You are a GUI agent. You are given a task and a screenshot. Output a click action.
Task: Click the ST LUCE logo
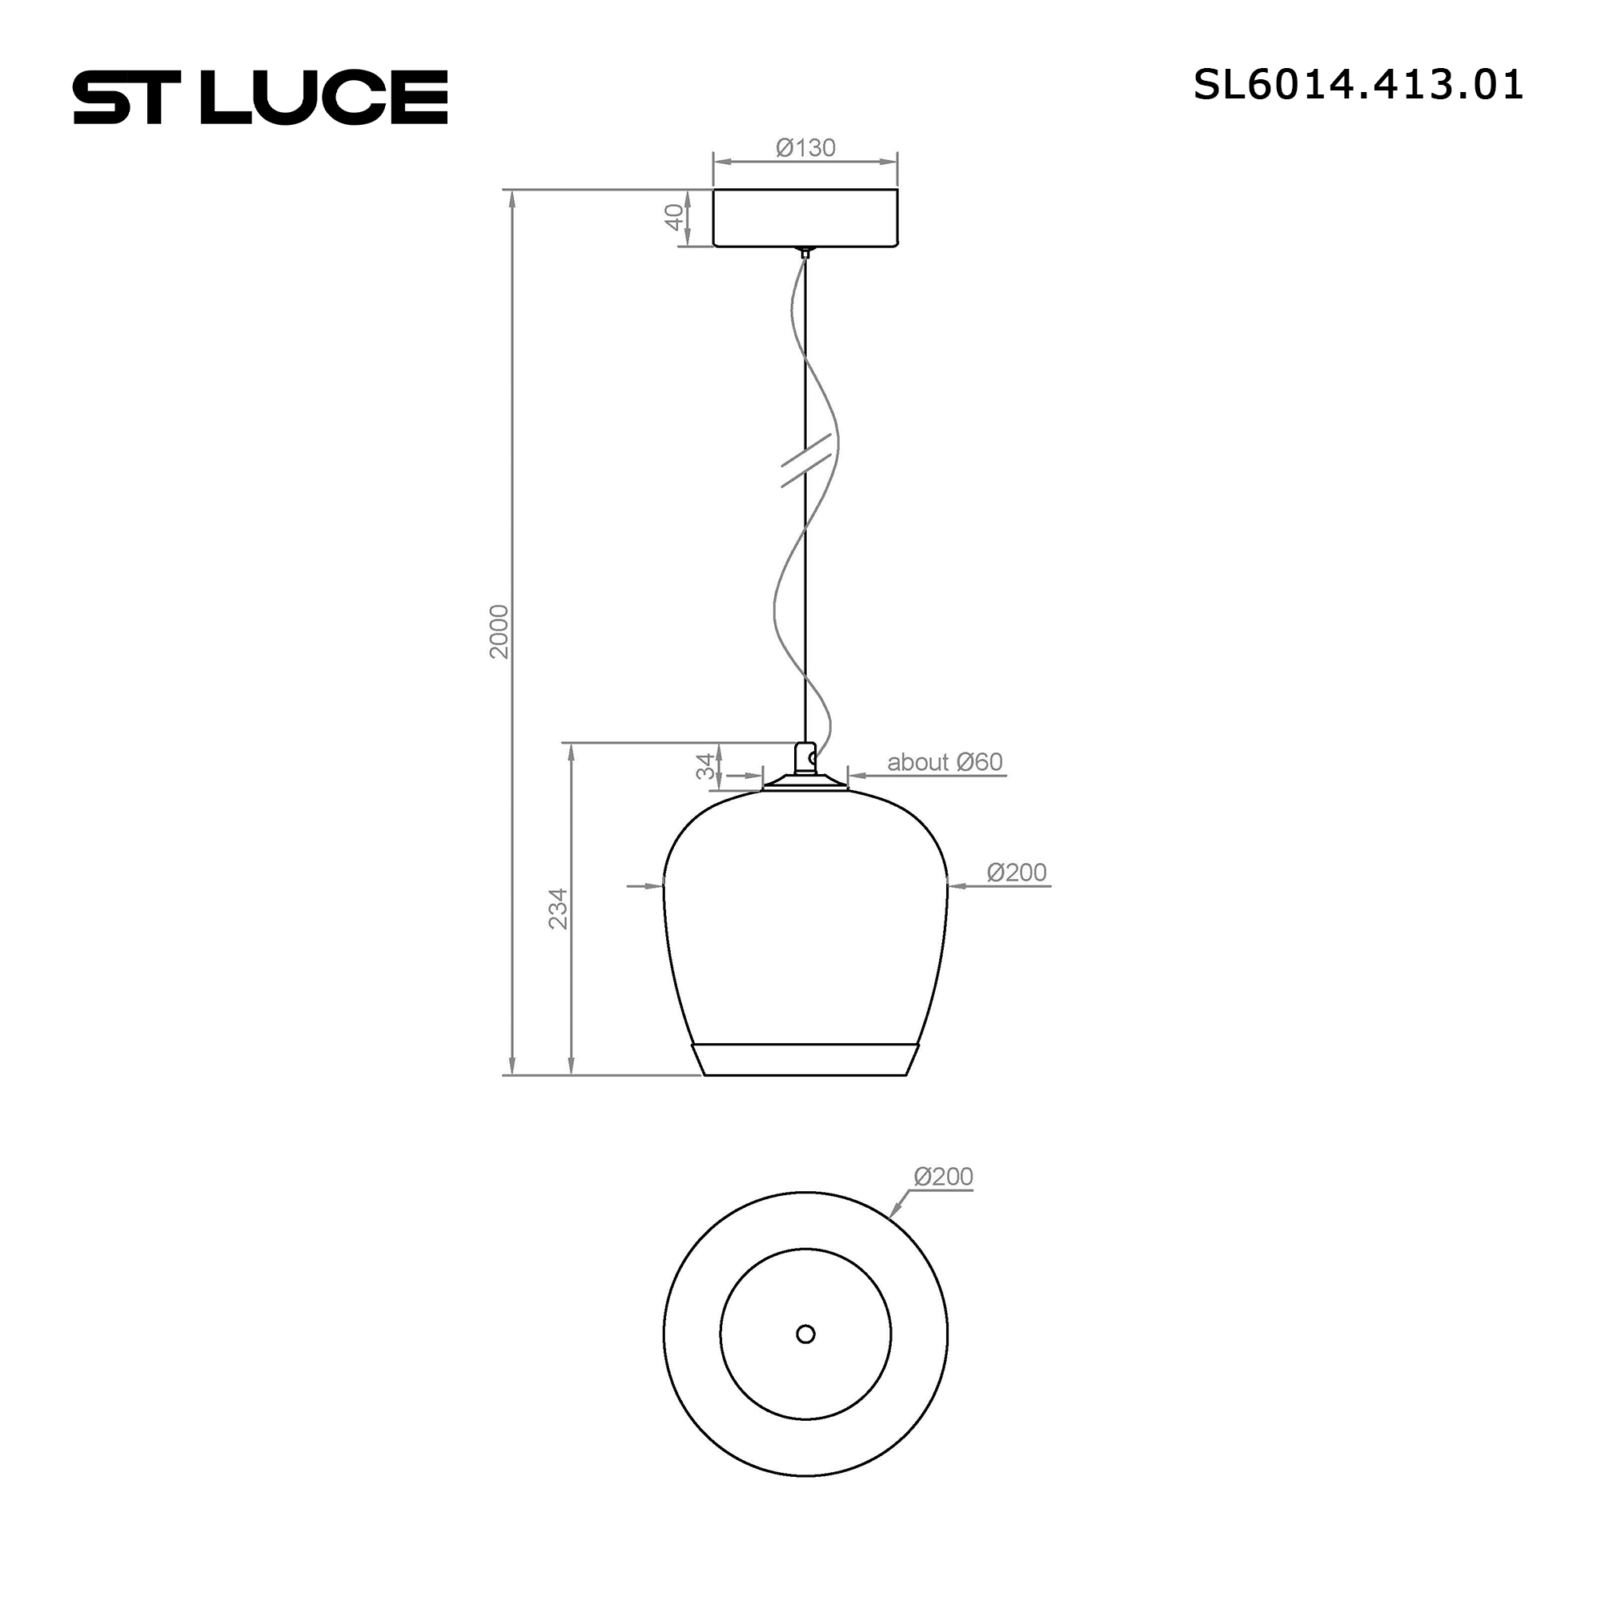click(261, 97)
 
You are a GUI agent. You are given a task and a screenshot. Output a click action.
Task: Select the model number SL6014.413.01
click(1358, 86)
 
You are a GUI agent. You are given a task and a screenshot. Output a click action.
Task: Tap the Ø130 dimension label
click(805, 147)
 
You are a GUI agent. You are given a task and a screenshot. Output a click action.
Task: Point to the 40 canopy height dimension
click(676, 217)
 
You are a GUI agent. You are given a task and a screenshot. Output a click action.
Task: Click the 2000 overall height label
click(499, 632)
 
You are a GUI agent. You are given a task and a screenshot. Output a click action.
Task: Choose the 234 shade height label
click(560, 909)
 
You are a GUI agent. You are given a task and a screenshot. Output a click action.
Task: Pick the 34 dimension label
click(704, 766)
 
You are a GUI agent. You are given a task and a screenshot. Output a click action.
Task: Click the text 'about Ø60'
click(945, 761)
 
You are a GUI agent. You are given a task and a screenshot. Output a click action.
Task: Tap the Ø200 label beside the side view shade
click(1016, 872)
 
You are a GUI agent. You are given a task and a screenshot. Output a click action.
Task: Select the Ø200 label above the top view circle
click(943, 1176)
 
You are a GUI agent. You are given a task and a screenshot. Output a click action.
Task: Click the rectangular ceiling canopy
click(805, 218)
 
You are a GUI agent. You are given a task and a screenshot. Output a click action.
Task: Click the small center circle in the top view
click(805, 1358)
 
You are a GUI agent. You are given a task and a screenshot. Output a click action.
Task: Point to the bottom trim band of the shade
click(805, 1059)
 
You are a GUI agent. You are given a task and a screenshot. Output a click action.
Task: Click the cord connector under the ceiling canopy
click(804, 253)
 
